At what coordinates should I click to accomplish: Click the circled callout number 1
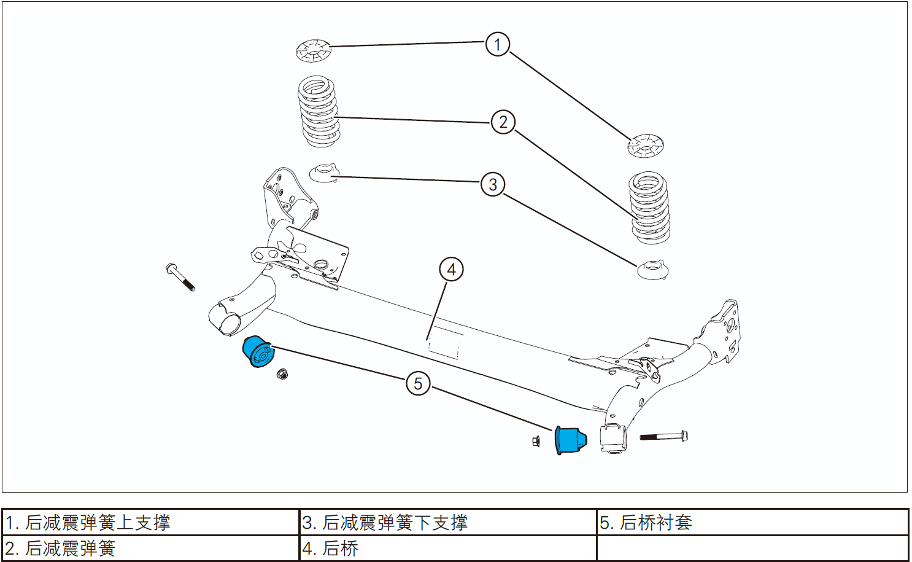point(498,44)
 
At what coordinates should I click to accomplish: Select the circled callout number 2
point(503,122)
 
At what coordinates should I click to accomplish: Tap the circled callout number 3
point(493,184)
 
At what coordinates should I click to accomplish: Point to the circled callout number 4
point(451,270)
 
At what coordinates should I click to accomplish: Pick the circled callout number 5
point(418,384)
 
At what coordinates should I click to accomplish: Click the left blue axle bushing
point(257,352)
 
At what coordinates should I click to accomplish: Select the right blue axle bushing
point(570,439)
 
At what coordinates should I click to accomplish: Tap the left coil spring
point(319,112)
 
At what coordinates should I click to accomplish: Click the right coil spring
point(649,208)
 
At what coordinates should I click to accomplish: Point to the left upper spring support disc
point(314,50)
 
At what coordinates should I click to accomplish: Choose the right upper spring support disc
point(646,146)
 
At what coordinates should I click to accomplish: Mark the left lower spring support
point(323,173)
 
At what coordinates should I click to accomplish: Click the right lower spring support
point(652,270)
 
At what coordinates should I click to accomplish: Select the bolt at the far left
point(180,278)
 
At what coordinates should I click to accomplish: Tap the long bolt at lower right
point(663,437)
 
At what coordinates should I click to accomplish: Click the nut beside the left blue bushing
point(282,373)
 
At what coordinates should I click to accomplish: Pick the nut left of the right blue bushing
point(536,441)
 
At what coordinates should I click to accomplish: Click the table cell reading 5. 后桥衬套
point(752,523)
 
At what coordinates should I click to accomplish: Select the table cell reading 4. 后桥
point(447,548)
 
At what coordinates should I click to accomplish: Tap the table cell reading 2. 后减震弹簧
point(150,548)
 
